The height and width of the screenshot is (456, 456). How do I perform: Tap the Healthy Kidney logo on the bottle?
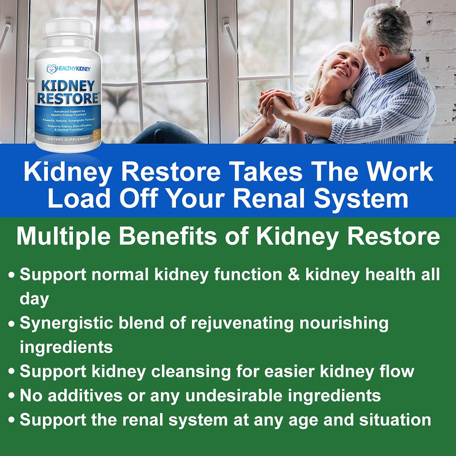[x=68, y=68]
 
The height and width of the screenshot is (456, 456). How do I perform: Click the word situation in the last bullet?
[x=392, y=420]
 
